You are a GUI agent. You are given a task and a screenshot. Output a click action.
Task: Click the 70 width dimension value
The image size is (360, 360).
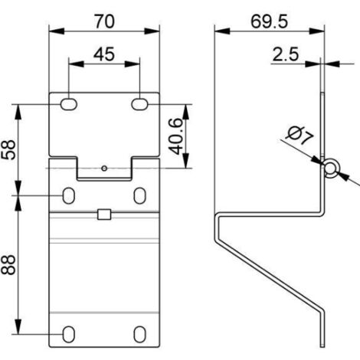(x=105, y=21)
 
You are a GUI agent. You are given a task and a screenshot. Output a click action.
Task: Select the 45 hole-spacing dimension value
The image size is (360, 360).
(x=104, y=54)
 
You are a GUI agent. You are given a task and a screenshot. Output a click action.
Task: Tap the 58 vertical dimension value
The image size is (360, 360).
(x=8, y=150)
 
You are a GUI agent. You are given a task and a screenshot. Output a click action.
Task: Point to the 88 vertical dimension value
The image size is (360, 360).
(x=8, y=265)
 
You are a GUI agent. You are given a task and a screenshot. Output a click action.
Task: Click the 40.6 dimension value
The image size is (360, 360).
(x=176, y=136)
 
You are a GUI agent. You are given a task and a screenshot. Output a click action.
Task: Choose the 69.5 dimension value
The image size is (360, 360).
(x=269, y=21)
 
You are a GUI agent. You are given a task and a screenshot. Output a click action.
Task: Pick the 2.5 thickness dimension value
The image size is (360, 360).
(x=286, y=54)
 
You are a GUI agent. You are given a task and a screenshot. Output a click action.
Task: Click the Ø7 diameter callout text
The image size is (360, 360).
(x=299, y=136)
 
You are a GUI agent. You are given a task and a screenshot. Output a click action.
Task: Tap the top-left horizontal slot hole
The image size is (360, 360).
(x=69, y=104)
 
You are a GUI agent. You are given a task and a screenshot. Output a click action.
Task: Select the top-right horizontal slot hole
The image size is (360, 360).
(x=139, y=104)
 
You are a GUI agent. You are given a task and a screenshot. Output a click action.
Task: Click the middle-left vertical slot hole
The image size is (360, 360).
(x=69, y=195)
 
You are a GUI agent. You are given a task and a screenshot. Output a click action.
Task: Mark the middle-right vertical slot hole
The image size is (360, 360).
(x=139, y=195)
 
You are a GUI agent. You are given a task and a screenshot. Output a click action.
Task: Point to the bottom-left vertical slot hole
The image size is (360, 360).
(x=69, y=334)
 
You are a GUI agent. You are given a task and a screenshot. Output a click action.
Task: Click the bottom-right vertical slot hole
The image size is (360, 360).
(x=139, y=334)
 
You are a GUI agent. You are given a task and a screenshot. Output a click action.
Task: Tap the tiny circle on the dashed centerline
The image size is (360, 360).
(x=104, y=169)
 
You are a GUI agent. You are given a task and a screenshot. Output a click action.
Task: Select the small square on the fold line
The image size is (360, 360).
(x=104, y=214)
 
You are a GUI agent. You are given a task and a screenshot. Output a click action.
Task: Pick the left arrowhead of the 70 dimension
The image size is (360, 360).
(x=57, y=31)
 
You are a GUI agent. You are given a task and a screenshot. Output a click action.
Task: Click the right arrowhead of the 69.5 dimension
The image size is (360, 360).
(x=317, y=31)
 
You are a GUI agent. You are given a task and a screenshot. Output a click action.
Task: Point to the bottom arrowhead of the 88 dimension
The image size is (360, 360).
(x=18, y=326)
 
